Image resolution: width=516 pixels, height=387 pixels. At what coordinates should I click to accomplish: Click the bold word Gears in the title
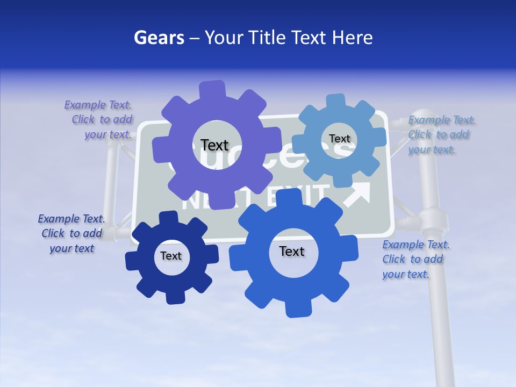pos(159,38)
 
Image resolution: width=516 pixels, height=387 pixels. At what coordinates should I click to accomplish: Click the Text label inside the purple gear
pos(214,145)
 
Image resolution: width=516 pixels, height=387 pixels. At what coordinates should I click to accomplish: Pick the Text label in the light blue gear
pos(339,139)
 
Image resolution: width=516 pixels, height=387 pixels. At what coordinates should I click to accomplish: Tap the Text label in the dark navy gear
pos(171,256)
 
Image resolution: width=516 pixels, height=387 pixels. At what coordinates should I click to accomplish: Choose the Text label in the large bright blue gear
pos(292,251)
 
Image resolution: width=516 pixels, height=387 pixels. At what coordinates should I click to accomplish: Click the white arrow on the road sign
pos(358,194)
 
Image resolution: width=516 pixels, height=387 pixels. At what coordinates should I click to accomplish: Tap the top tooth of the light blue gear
pos(336,101)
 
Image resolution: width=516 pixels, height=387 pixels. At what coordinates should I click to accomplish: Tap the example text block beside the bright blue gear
pos(414,260)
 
